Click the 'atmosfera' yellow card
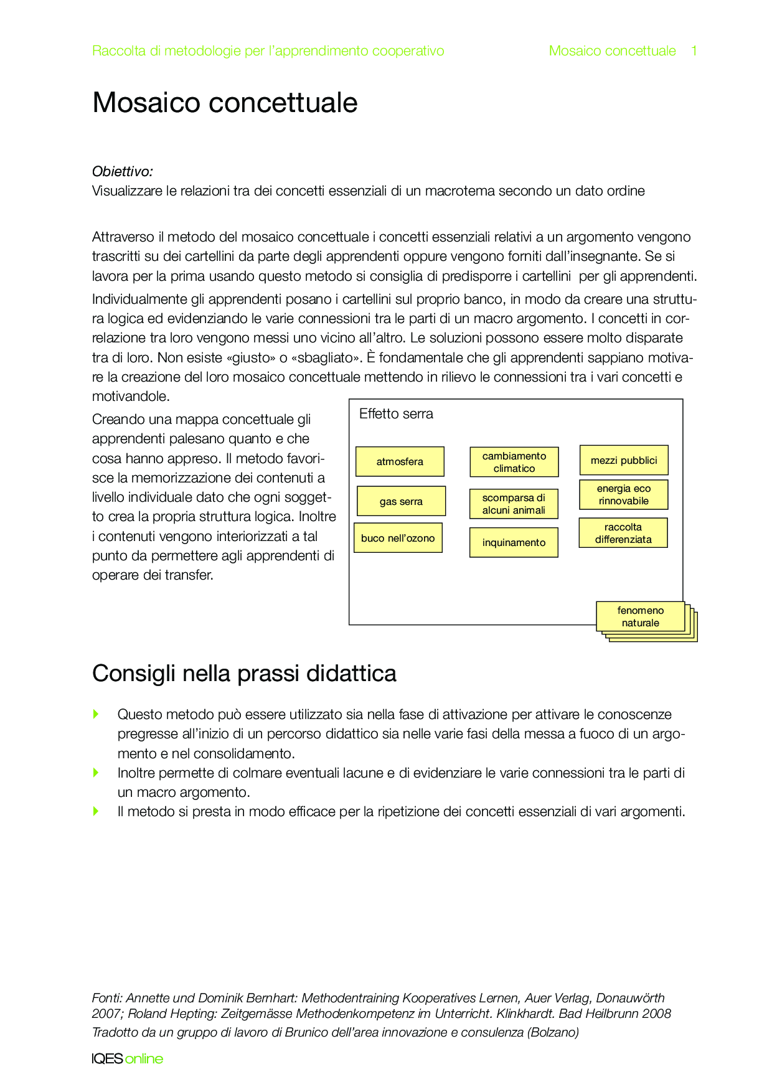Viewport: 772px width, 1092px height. (x=400, y=461)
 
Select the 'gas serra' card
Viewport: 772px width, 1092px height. (x=401, y=501)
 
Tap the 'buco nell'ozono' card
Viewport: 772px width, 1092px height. (x=398, y=538)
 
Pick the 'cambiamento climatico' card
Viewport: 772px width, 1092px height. (x=514, y=462)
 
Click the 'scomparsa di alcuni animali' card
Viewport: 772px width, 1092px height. (x=514, y=504)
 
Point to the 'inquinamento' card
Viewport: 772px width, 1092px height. (x=514, y=542)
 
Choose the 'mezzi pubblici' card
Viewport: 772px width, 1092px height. (x=624, y=460)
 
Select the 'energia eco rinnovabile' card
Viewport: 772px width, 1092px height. (x=624, y=495)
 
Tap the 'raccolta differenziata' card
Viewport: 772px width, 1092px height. (x=623, y=533)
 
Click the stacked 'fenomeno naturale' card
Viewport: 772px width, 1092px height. (x=641, y=616)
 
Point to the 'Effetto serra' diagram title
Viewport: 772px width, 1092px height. (x=396, y=414)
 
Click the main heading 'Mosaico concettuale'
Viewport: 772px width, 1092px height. (x=225, y=103)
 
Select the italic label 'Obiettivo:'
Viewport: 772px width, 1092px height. (x=123, y=171)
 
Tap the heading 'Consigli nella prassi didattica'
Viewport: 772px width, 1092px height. (x=244, y=674)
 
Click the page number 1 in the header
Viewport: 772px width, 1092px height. (x=694, y=51)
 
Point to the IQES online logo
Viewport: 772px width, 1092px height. (x=127, y=1059)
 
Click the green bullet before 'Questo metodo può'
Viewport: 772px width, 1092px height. (x=96, y=714)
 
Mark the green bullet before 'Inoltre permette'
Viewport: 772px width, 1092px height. (x=96, y=773)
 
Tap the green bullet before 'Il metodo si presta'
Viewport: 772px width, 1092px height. (x=96, y=811)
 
